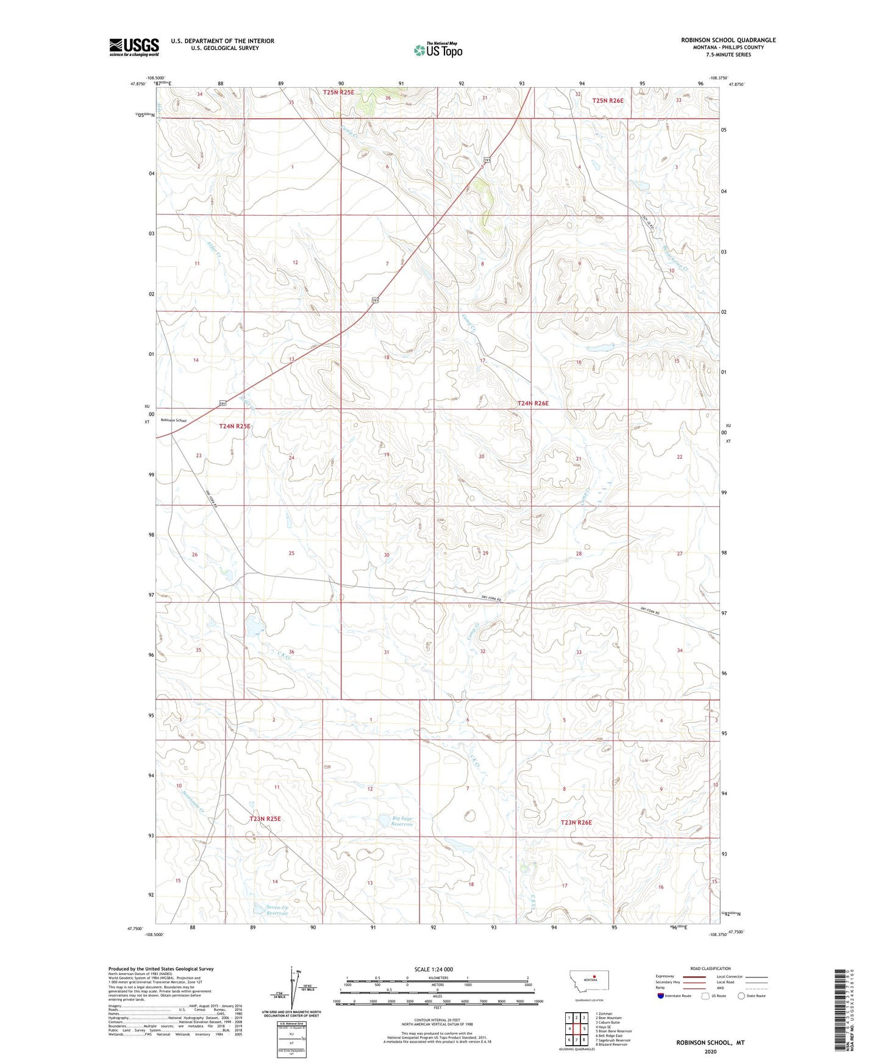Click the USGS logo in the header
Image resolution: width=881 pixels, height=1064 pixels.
tap(134, 47)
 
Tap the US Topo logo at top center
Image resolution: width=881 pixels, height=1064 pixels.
tap(437, 50)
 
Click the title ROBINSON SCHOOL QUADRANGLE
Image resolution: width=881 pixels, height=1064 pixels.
tap(728, 40)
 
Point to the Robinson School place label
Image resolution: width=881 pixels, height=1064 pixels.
tap(173, 420)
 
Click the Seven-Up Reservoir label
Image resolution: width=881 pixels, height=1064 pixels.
tap(277, 910)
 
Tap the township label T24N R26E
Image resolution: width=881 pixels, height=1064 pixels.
tap(533, 403)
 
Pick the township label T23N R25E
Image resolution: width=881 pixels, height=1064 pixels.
tap(265, 818)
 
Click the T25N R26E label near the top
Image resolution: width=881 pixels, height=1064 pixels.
tap(608, 100)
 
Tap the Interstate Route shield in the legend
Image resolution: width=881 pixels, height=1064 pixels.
tap(661, 996)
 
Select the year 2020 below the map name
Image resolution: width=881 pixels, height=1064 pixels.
tap(710, 1051)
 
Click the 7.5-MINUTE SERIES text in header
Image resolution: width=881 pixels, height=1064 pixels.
tap(728, 55)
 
